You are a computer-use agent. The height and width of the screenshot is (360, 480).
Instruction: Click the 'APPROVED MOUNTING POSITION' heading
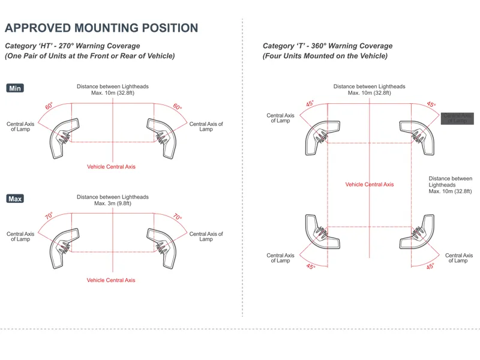101,28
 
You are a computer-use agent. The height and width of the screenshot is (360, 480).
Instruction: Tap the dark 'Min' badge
15,88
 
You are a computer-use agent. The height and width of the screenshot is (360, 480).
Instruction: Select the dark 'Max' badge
15,199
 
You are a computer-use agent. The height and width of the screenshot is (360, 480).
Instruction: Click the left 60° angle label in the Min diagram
49,106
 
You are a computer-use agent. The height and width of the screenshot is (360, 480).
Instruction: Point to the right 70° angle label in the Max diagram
178,217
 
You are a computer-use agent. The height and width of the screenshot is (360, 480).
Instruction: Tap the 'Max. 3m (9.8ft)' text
112,204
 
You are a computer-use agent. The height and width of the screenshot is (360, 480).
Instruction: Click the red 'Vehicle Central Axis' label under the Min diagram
111,167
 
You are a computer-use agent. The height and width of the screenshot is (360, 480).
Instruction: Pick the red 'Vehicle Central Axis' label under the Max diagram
111,280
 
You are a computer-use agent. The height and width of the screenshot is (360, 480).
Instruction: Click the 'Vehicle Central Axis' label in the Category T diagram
370,184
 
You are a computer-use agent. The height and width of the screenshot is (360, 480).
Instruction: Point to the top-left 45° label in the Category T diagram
310,104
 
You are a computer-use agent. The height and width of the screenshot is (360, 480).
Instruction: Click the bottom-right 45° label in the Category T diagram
430,266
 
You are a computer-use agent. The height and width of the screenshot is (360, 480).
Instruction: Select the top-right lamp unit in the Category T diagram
418,137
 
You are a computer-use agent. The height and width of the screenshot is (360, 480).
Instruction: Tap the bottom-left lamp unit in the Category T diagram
322,232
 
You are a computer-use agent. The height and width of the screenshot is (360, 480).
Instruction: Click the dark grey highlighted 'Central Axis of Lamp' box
457,118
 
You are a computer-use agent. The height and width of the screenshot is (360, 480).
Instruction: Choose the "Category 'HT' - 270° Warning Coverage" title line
72,46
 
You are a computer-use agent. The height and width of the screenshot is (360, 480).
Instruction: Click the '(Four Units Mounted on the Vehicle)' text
325,56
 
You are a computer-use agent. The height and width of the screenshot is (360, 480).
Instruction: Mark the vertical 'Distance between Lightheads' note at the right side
450,185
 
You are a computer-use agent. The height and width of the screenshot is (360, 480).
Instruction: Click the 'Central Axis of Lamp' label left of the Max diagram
20,236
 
